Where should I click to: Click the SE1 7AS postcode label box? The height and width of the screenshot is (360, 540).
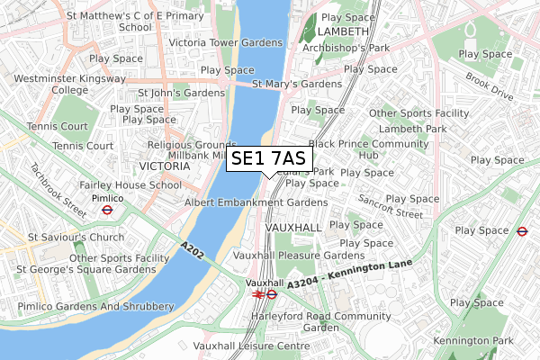[269, 159]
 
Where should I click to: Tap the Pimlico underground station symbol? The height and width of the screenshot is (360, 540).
[106, 211]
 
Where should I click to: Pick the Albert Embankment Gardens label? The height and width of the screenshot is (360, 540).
[243, 202]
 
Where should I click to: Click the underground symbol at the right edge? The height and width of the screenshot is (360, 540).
[522, 230]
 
